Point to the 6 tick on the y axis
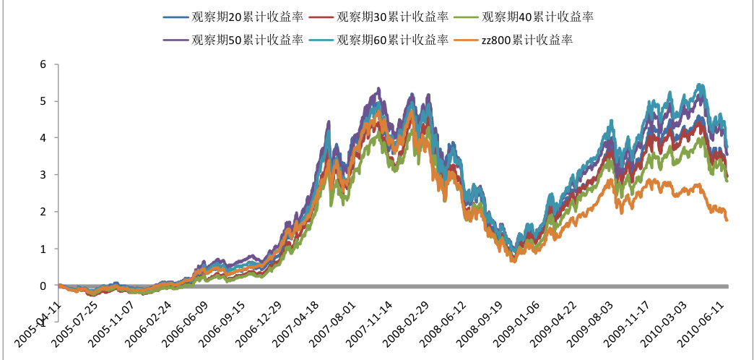click(43, 64)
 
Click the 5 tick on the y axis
click(43, 100)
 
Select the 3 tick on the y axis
click(43, 174)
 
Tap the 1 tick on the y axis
click(43, 249)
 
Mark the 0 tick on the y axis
click(43, 286)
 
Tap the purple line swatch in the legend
click(176, 40)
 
